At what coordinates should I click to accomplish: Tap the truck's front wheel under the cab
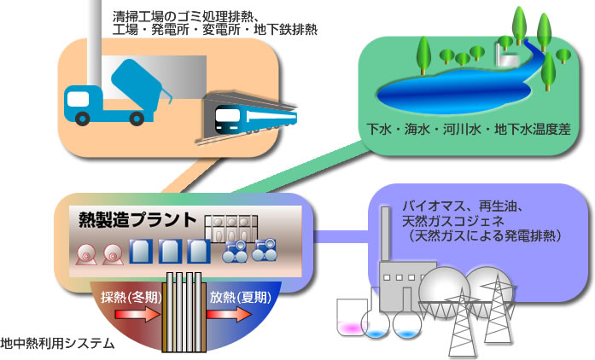[83, 117]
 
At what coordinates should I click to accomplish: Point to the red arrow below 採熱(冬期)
[132, 315]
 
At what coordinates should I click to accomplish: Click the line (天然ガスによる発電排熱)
[484, 235]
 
